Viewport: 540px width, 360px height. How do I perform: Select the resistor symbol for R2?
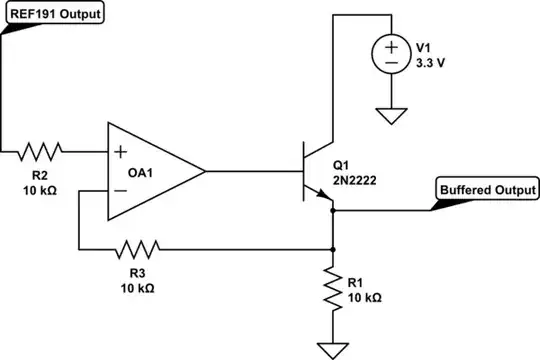pos(40,152)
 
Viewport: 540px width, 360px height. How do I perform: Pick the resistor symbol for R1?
pos(332,290)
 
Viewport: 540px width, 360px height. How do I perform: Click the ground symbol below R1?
pos(332,349)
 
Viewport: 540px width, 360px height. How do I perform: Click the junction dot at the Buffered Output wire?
pos(332,210)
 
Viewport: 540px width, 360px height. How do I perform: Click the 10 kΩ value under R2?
pos(41,190)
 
